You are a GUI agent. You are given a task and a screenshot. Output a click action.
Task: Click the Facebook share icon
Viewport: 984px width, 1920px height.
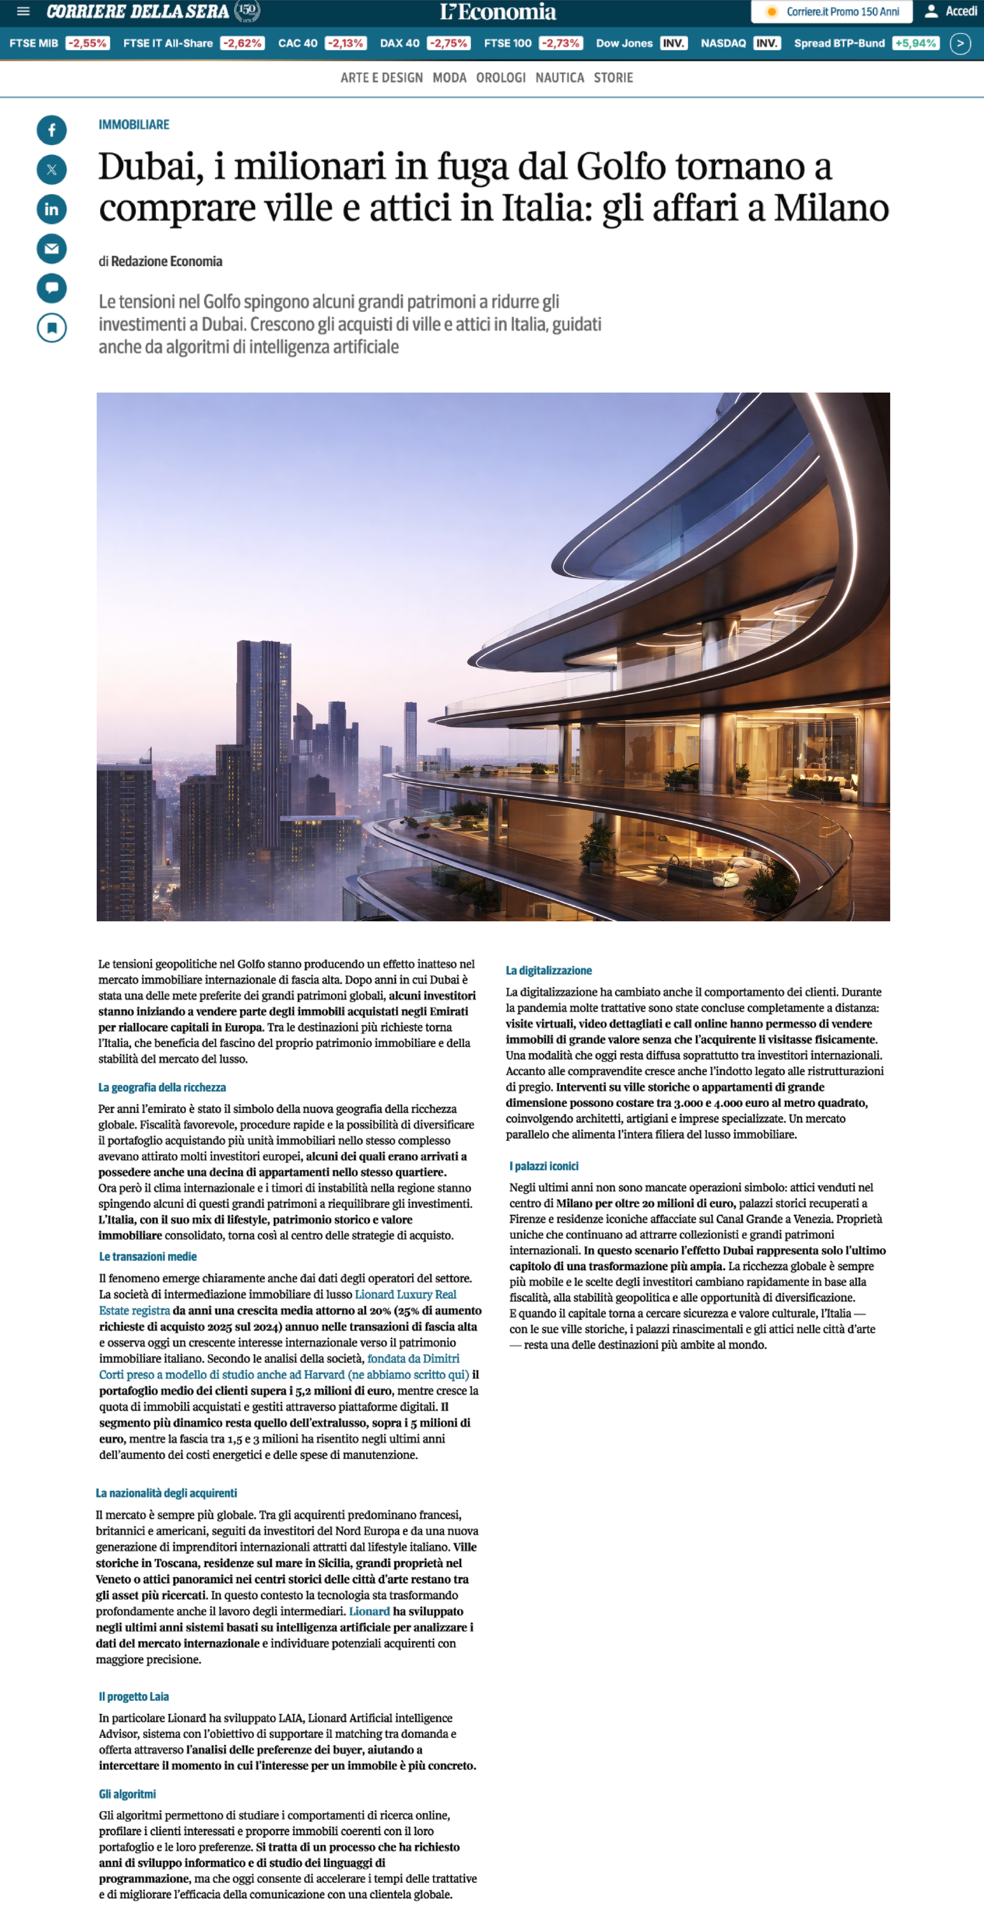click(x=51, y=130)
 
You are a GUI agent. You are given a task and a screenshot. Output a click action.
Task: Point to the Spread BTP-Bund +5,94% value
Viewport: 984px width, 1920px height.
click(x=915, y=43)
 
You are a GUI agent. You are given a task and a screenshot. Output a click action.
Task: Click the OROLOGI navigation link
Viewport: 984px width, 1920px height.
click(x=500, y=78)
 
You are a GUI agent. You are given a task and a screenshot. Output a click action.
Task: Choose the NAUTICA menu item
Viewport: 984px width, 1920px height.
click(x=559, y=78)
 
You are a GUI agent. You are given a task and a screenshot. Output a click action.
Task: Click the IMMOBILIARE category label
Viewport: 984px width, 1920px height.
click(x=133, y=124)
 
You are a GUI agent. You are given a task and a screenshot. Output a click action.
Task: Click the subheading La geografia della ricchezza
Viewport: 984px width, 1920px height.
click(x=162, y=1087)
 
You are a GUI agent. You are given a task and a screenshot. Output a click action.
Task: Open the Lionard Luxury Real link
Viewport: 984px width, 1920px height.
click(x=406, y=1295)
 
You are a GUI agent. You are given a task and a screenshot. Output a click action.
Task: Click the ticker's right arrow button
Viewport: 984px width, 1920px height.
click(x=960, y=43)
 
